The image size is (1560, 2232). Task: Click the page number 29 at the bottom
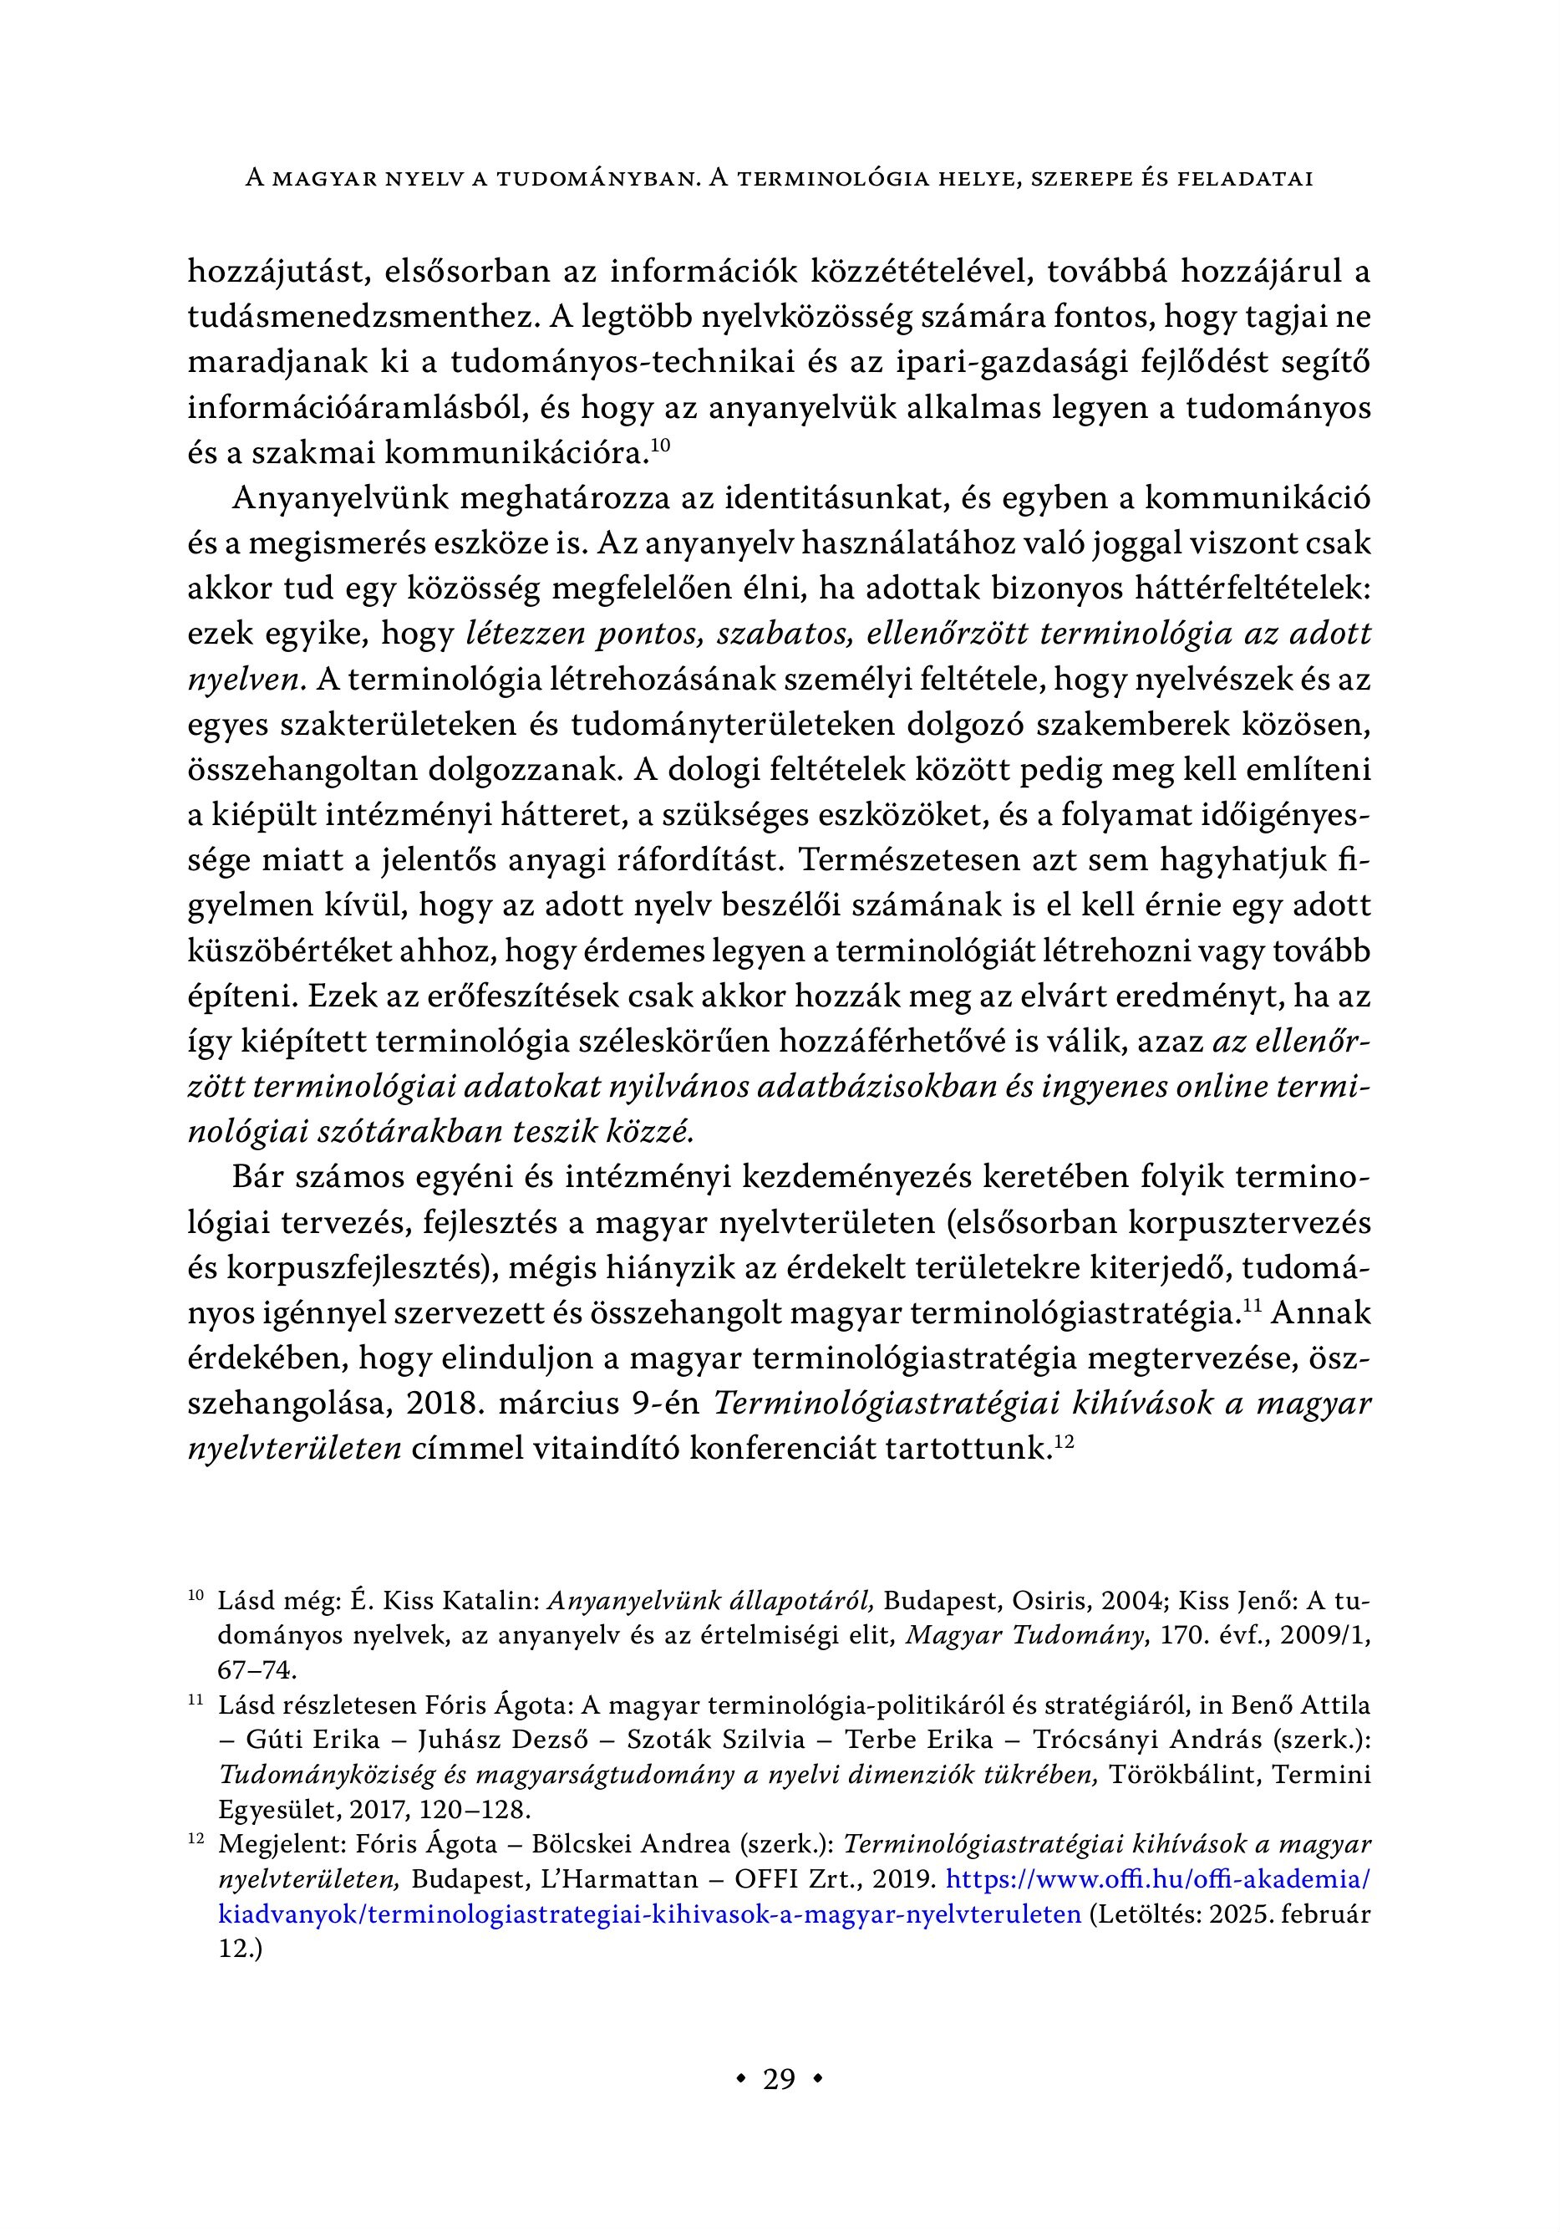coord(780,2079)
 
